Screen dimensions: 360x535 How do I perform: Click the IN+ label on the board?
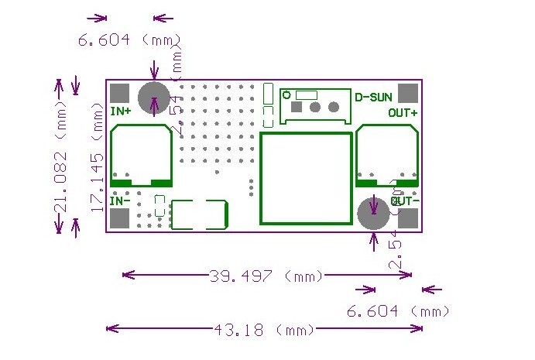[121, 111]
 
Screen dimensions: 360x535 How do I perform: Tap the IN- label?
[121, 201]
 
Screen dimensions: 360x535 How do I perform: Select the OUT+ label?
[403, 112]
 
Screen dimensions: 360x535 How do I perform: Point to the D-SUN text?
[373, 97]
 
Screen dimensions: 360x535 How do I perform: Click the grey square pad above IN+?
[119, 93]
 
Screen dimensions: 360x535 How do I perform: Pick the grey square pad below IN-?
[119, 220]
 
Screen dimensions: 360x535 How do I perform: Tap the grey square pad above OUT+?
[407, 93]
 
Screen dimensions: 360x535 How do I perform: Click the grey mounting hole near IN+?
[154, 98]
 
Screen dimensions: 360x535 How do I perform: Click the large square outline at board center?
[305, 177]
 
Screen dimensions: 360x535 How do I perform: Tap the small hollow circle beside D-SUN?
[286, 95]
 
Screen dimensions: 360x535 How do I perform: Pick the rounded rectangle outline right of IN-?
[199, 214]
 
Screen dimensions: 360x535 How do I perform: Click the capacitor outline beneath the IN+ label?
[141, 155]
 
